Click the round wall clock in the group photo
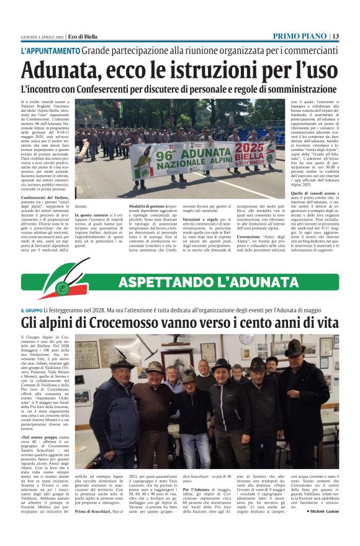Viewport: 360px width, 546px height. (246, 340)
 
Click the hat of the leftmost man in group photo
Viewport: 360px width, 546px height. (121, 360)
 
